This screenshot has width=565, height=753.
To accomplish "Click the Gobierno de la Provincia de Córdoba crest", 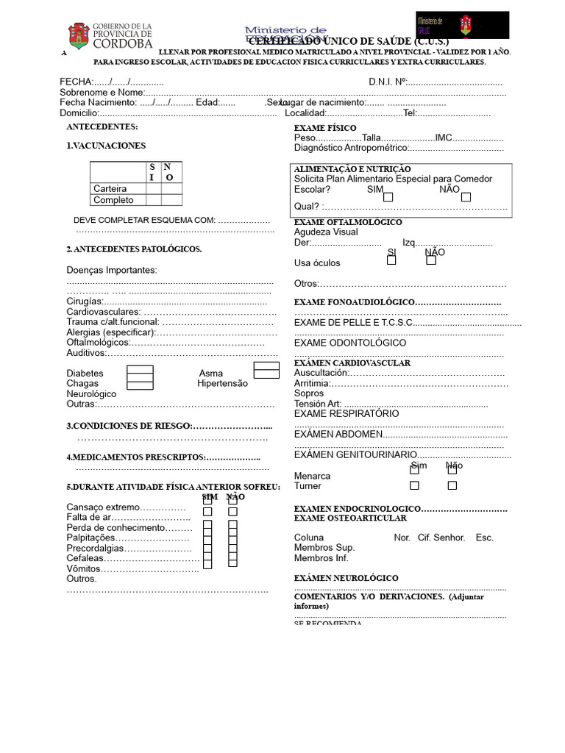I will tap(79, 35).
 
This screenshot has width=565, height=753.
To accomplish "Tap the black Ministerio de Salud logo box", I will tap(461, 25).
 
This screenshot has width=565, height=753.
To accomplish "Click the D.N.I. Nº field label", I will tap(387, 82).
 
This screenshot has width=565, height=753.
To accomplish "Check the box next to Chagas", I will tap(140, 383).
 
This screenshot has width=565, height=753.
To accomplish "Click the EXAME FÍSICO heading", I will tap(325, 128).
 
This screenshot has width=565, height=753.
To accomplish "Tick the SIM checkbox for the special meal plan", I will tap(388, 197).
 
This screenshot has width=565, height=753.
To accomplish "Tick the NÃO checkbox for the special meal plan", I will tap(466, 197).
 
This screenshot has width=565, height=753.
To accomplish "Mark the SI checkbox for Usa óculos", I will tap(391, 260).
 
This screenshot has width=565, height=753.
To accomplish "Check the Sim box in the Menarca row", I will tap(415, 470).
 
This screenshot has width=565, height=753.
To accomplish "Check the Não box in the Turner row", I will tap(452, 485).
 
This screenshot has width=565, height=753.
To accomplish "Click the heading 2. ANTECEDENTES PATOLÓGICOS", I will tap(134, 249).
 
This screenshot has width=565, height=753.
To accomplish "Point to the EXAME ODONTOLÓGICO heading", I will tap(349, 343).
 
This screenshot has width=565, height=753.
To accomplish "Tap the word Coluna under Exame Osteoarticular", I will tap(309, 538).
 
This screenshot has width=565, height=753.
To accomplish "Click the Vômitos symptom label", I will tap(83, 568).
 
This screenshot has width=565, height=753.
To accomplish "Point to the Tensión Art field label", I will tap(318, 404).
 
